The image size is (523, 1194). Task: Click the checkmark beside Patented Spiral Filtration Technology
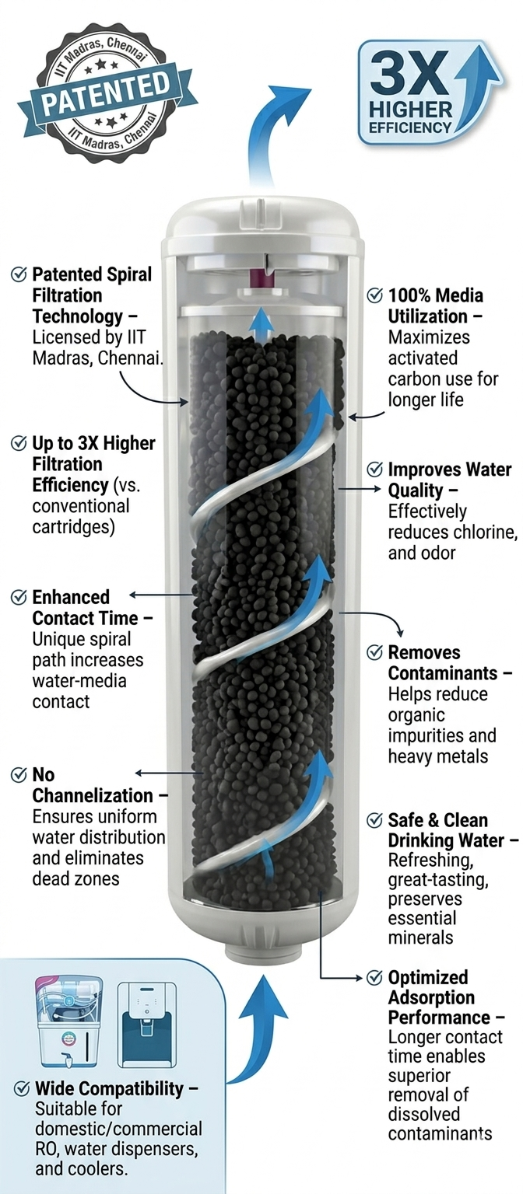[x=19, y=274]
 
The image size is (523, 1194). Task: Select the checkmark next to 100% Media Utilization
[x=374, y=295]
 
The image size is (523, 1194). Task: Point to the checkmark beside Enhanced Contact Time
[x=19, y=597]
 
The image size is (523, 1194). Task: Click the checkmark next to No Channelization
[x=19, y=774]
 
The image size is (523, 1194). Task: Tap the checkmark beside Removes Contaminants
[x=374, y=652]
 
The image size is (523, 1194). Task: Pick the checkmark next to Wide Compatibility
[x=22, y=1088]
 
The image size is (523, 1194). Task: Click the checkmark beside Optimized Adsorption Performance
[x=374, y=977]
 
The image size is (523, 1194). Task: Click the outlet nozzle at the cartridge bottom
[x=262, y=952]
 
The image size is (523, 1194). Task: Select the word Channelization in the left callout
[x=93, y=795]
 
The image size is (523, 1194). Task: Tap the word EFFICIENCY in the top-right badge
[x=410, y=128]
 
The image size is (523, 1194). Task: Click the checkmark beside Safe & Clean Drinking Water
[x=374, y=820]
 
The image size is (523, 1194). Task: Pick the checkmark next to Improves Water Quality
[x=374, y=470]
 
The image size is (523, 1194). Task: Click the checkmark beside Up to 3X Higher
[x=19, y=443]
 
